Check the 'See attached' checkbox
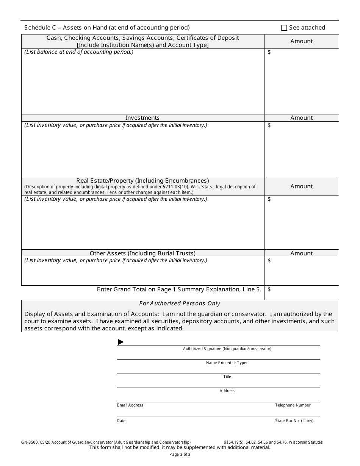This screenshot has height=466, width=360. pos(284,28)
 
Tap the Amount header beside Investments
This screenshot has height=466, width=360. pos(302,118)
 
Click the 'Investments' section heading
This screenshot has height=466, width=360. pos(142,118)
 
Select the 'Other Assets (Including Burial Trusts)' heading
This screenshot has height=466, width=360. pos(142,253)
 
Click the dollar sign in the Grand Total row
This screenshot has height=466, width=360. pos(269,289)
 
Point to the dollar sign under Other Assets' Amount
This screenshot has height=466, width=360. pos(269,261)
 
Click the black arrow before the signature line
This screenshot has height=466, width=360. pos(121,342)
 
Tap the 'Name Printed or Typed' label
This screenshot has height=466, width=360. pos(227,363)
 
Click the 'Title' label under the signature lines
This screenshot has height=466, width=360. pos(227,377)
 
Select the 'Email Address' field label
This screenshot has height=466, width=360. pos(130,405)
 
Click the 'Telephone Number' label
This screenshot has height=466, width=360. pos(293,405)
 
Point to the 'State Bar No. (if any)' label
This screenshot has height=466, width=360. pos(294,421)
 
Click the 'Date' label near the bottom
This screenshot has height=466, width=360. pos(121,421)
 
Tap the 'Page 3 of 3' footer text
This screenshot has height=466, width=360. pos(180,454)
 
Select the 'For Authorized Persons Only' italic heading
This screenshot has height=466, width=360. pos(180,303)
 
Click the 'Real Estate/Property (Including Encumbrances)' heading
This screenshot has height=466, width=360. pos(142,181)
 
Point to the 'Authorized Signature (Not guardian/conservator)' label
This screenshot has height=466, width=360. pos(227,349)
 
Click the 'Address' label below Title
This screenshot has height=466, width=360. pos(227,391)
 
